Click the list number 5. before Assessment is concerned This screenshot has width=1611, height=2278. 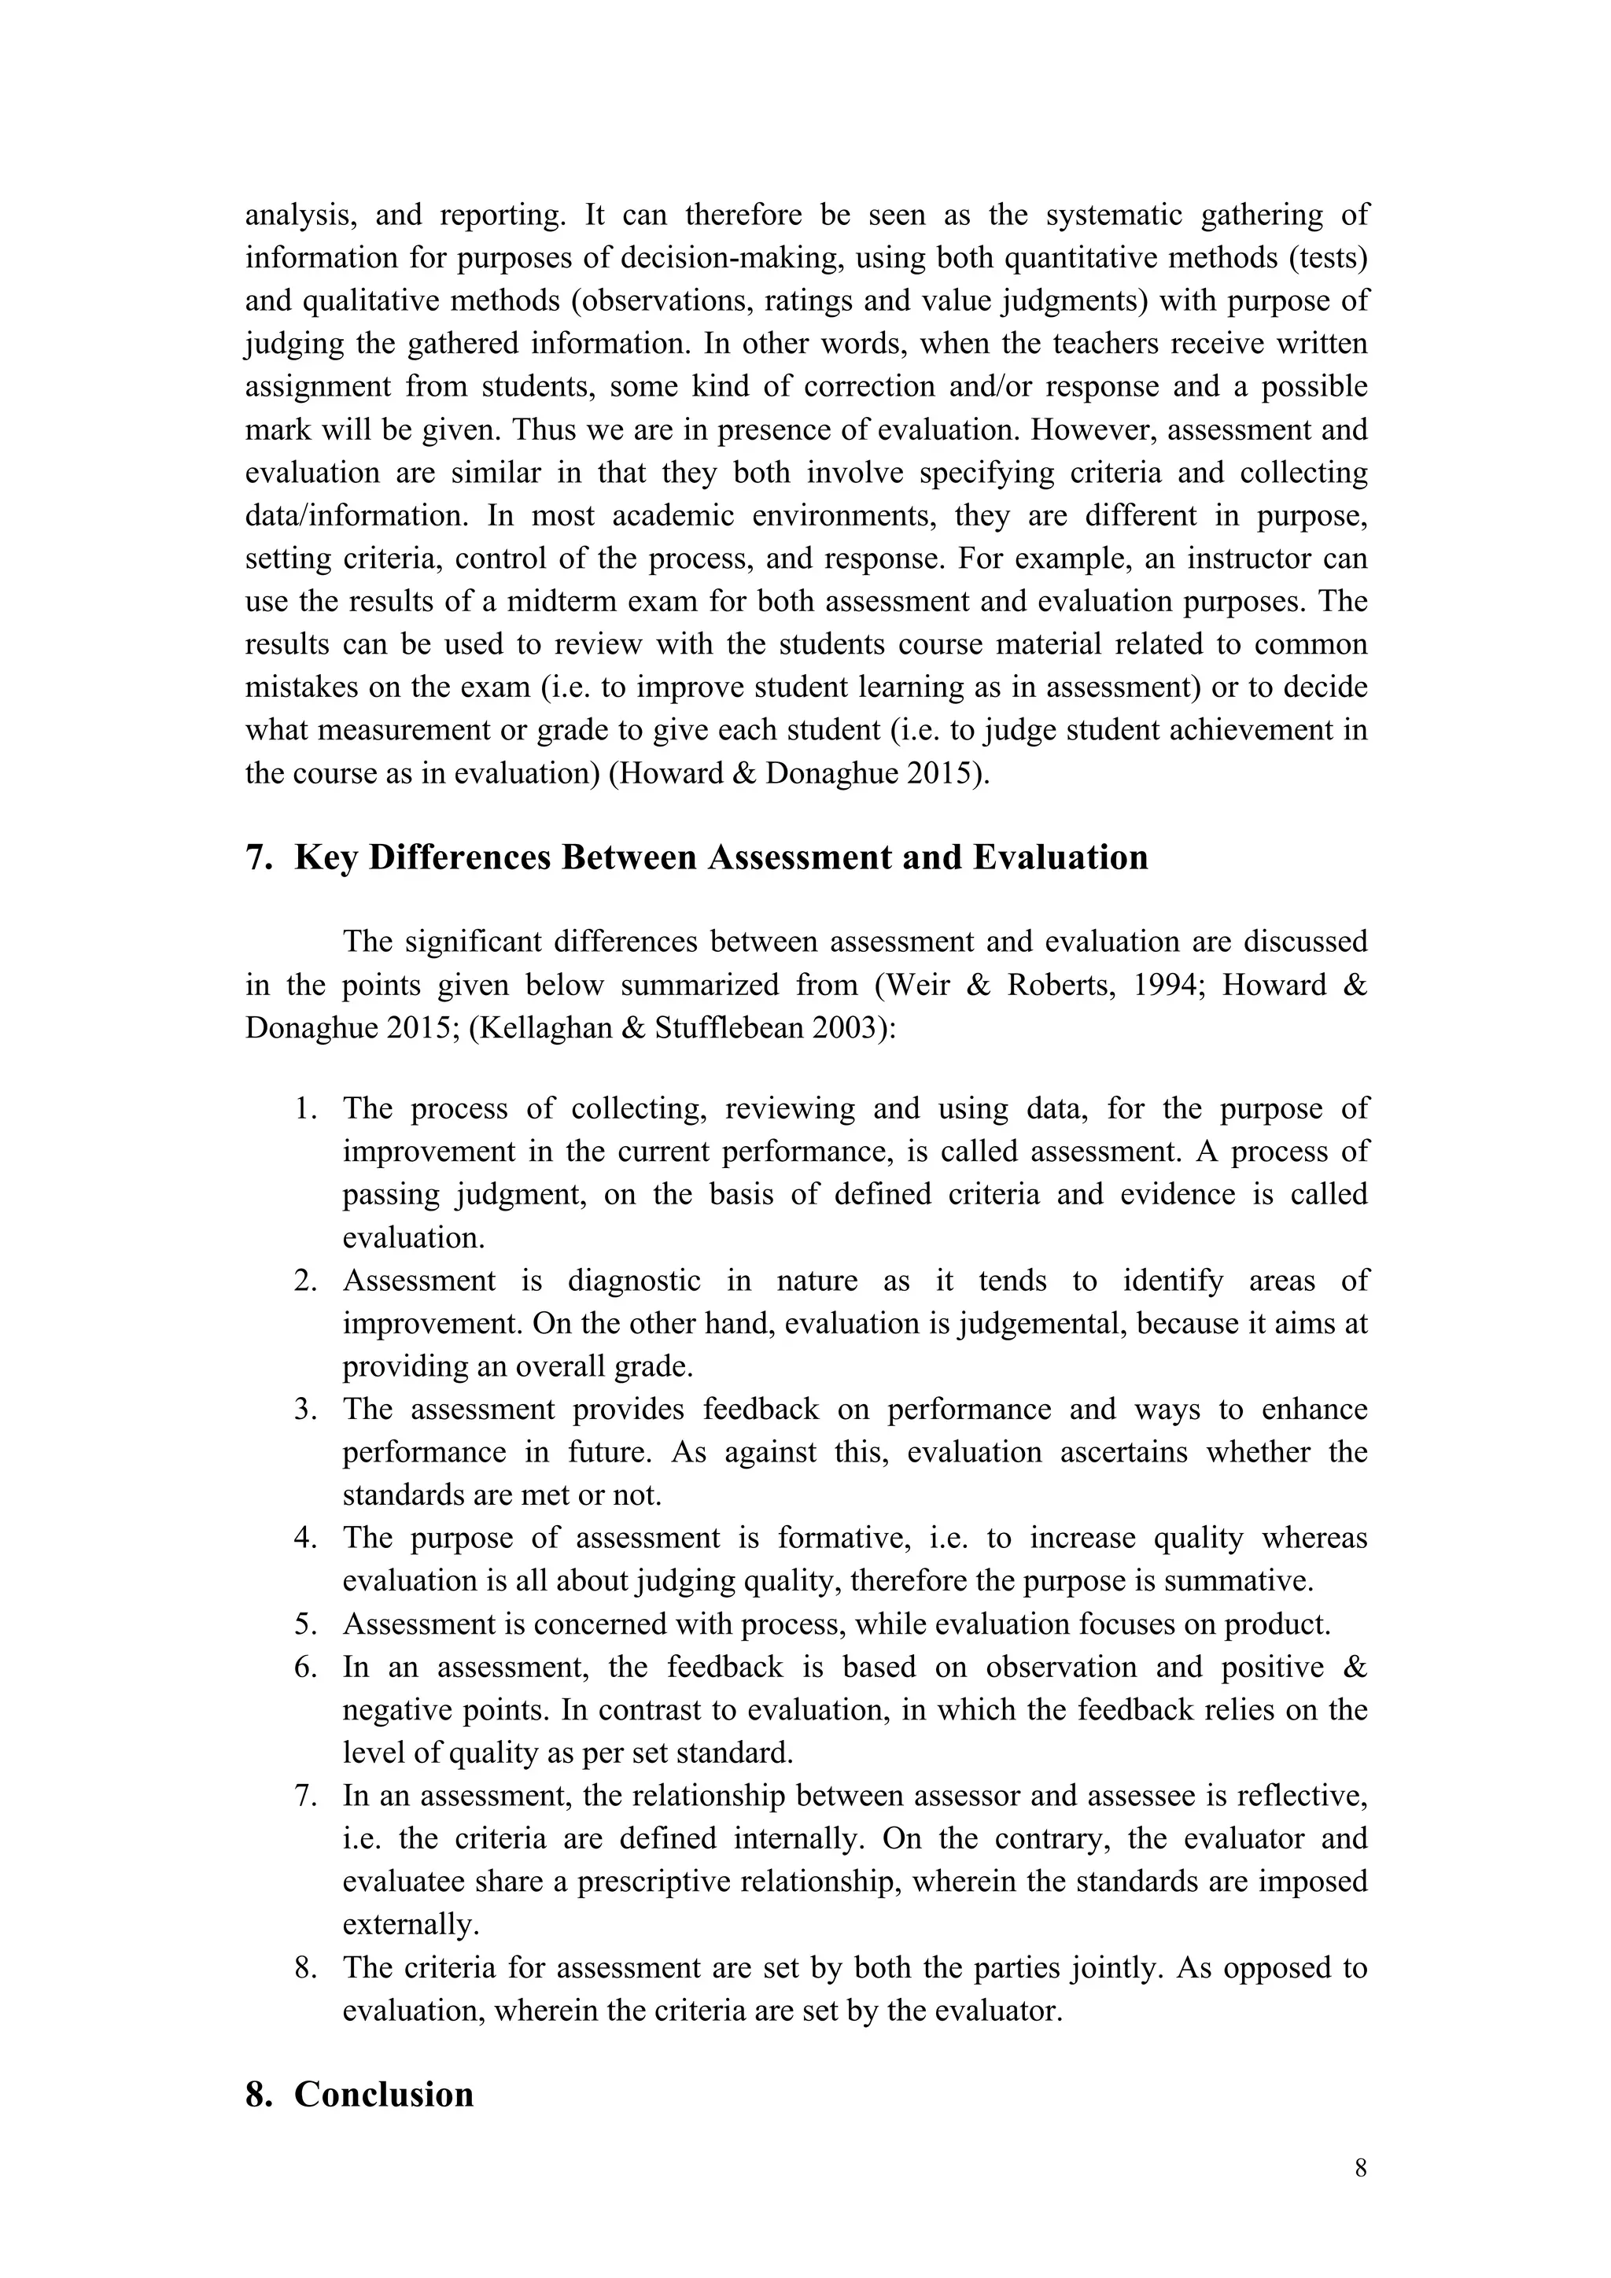pyautogui.click(x=305, y=1624)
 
